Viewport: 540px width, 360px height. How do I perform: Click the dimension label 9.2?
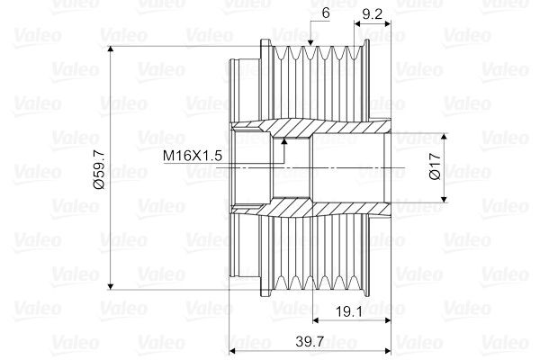coord(373,14)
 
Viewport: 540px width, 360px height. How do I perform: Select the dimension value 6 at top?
coord(326,13)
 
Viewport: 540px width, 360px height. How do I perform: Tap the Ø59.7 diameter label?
coord(99,170)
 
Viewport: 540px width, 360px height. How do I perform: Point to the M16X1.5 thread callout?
coord(193,156)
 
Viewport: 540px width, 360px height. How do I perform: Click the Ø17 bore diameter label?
coord(436,166)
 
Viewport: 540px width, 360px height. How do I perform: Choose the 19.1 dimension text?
coord(349,311)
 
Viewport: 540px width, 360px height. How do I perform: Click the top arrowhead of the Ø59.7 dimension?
coord(111,49)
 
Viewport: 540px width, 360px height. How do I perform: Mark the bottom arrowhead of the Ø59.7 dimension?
coord(111,286)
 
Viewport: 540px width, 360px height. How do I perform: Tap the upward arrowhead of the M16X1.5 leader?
coord(284,140)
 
